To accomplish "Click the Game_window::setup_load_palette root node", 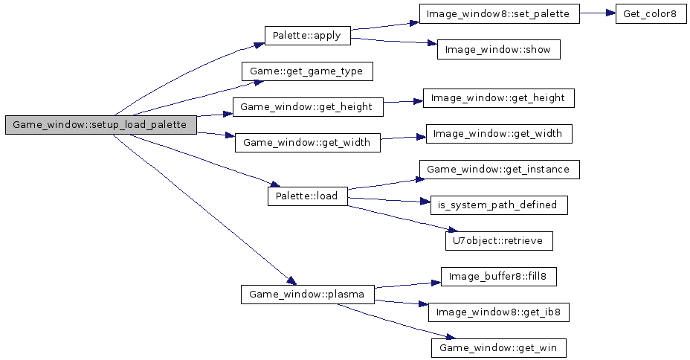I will coord(100,125).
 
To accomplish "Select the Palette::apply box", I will coord(307,36).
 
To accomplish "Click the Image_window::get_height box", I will coord(499,97).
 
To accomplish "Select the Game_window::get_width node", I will coord(307,142).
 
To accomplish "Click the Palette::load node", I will coord(307,196).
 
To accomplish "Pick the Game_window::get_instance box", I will coord(499,170).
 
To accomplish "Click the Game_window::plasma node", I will coord(307,294).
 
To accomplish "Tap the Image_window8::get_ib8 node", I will coord(499,312).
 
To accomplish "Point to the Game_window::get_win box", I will coord(499,347).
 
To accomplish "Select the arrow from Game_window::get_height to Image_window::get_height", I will coord(402,103).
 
